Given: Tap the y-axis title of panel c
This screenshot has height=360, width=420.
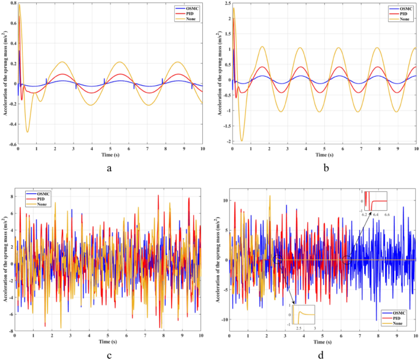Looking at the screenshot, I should point(4,264).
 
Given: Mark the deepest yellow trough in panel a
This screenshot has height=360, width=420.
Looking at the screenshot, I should point(28,131).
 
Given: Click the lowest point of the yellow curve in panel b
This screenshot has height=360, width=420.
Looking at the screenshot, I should point(242,140).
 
